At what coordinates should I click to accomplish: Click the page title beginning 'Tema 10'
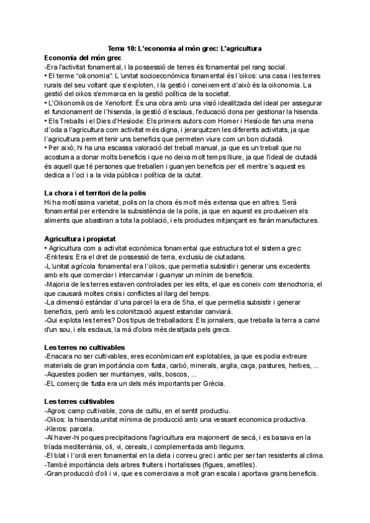184,48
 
